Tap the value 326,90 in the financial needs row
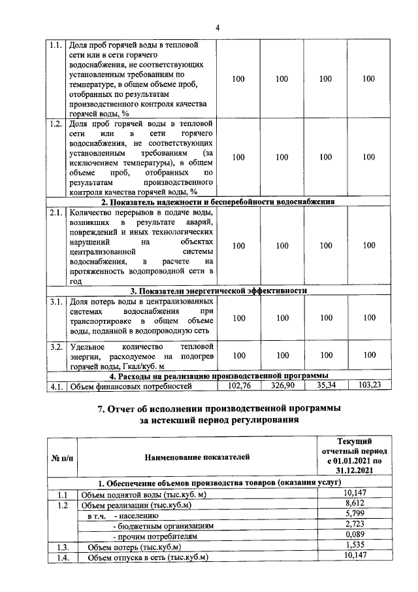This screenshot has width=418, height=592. pyautogui.click(x=281, y=386)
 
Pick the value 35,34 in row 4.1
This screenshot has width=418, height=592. pyautogui.click(x=325, y=386)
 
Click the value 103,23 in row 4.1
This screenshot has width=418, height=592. pyautogui.click(x=369, y=386)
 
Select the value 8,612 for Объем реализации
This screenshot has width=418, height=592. pyautogui.click(x=355, y=504)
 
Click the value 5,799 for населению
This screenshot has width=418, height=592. pyautogui.click(x=355, y=515)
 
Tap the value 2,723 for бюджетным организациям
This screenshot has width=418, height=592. pyautogui.click(x=355, y=525)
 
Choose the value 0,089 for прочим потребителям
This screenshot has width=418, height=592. pyautogui.click(x=355, y=536)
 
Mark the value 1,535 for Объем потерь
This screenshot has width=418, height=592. pyautogui.click(x=355, y=546)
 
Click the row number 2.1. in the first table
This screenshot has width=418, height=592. pyautogui.click(x=56, y=213)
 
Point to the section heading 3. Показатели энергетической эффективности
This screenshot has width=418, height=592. pyautogui.click(x=218, y=291)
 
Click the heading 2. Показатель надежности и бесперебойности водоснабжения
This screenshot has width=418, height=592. pyautogui.click(x=218, y=202)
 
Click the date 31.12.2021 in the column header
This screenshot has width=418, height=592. pyautogui.click(x=355, y=470)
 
